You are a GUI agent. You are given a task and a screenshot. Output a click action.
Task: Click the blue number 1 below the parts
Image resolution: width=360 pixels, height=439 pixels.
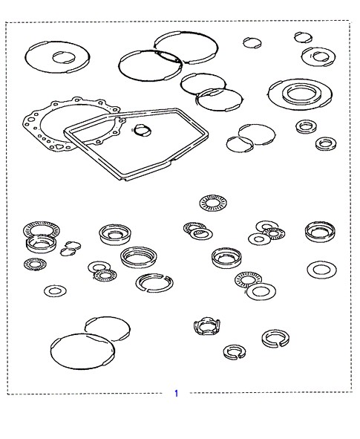[x=176, y=394]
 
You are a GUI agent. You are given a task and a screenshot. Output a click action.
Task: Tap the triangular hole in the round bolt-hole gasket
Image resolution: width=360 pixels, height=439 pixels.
[x=59, y=146]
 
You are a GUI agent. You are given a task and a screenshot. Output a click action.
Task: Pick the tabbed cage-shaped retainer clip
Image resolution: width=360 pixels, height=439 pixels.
[x=206, y=326]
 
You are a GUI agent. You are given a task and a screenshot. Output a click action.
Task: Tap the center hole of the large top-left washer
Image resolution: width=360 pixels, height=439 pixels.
[x=64, y=57]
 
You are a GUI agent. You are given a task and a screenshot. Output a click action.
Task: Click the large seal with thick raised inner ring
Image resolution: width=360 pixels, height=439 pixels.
[x=300, y=94]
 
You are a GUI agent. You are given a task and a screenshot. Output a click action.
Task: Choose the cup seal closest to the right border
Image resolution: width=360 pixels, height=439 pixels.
[x=320, y=232]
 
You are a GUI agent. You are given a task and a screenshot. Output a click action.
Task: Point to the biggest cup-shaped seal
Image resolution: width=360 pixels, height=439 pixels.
[x=139, y=258]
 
